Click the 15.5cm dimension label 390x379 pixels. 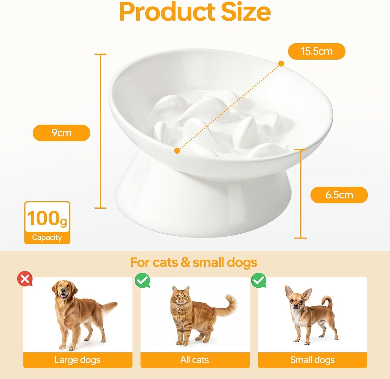click(x=317, y=51)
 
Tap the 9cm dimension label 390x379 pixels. click(x=61, y=133)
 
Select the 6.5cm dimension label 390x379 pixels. click(x=339, y=195)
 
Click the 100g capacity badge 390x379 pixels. click(x=47, y=223)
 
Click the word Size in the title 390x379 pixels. click(x=246, y=12)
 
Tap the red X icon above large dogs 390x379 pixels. click(x=25, y=279)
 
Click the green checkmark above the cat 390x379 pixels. click(x=142, y=280)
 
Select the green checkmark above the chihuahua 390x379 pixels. click(x=259, y=281)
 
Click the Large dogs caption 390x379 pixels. click(x=77, y=360)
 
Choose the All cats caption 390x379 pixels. click(x=195, y=360)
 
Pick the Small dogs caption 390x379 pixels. click(x=312, y=360)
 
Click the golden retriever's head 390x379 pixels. click(x=64, y=291)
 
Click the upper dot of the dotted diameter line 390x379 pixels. click(x=281, y=64)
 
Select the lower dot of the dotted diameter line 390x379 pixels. click(x=177, y=151)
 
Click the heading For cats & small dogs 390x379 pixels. click(x=194, y=262)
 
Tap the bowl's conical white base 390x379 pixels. click(x=202, y=205)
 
